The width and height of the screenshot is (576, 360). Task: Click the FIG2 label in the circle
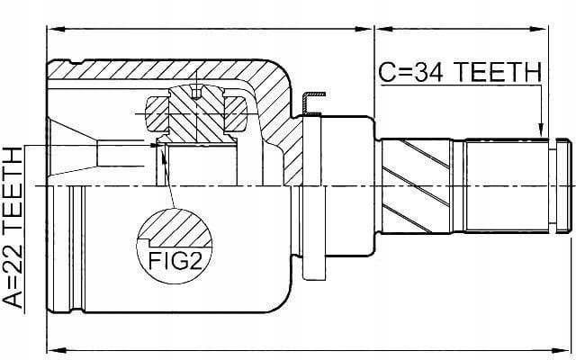point(175,260)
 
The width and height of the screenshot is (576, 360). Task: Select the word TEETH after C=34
point(498,72)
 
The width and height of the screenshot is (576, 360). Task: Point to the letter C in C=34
point(387,72)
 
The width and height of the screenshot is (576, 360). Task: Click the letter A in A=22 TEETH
point(13,299)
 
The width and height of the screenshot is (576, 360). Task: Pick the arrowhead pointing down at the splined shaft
point(541,130)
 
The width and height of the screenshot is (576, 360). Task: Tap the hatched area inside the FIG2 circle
point(176,229)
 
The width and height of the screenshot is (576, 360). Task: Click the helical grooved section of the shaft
point(416,186)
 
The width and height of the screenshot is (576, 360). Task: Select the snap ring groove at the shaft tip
point(553,186)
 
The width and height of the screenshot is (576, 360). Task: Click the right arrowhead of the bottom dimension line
point(561,349)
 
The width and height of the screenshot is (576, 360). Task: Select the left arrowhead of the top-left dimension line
point(56,29)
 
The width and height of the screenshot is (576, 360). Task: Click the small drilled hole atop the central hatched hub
point(196,93)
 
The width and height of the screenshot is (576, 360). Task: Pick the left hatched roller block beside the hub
point(158,114)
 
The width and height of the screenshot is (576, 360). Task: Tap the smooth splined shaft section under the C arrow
point(507,186)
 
